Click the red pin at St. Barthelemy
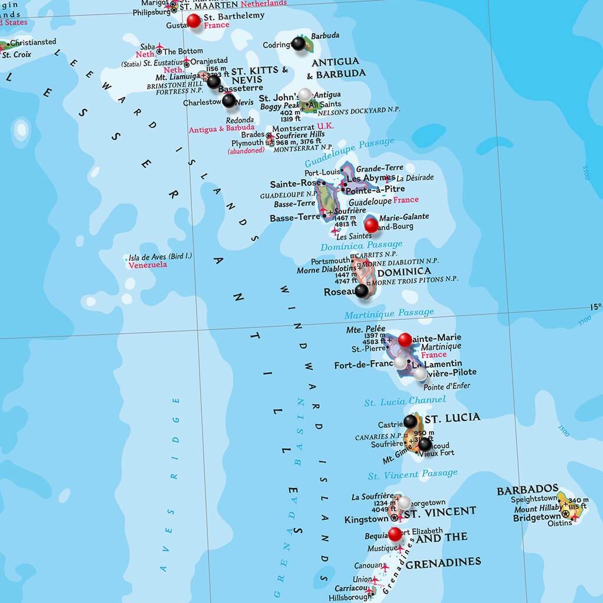pos(193,21)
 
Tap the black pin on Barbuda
pos(299,43)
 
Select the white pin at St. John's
pos(305,94)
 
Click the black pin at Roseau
pos(362,290)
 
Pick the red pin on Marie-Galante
pos(371,224)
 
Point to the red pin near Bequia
pos(396,534)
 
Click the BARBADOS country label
pos(527,489)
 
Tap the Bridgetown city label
pos(536,518)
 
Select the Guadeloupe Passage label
pos(349,151)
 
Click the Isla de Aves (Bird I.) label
pos(160,257)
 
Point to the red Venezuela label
pos(148,265)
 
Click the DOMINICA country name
pos(404,272)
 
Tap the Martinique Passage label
pos(389,313)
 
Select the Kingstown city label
pos(366,519)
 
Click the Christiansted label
pos(33,42)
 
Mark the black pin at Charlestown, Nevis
pos(229,100)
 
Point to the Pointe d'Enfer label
pos(447,386)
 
